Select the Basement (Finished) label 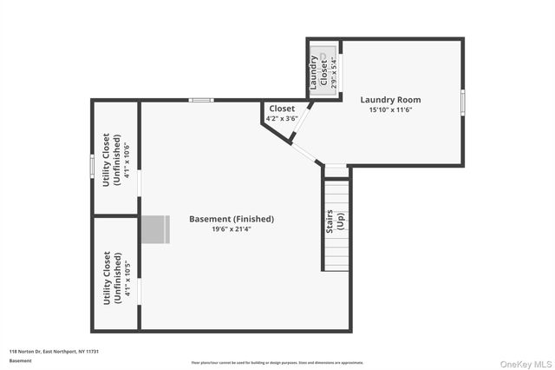point(232,219)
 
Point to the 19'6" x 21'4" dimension point(232,229)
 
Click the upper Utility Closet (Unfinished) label point(111,160)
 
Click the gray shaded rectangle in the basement point(153,229)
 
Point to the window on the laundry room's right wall point(462,102)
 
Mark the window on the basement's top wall point(202,100)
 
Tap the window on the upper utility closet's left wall point(92,165)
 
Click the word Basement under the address point(20,360)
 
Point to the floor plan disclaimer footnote point(277,363)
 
